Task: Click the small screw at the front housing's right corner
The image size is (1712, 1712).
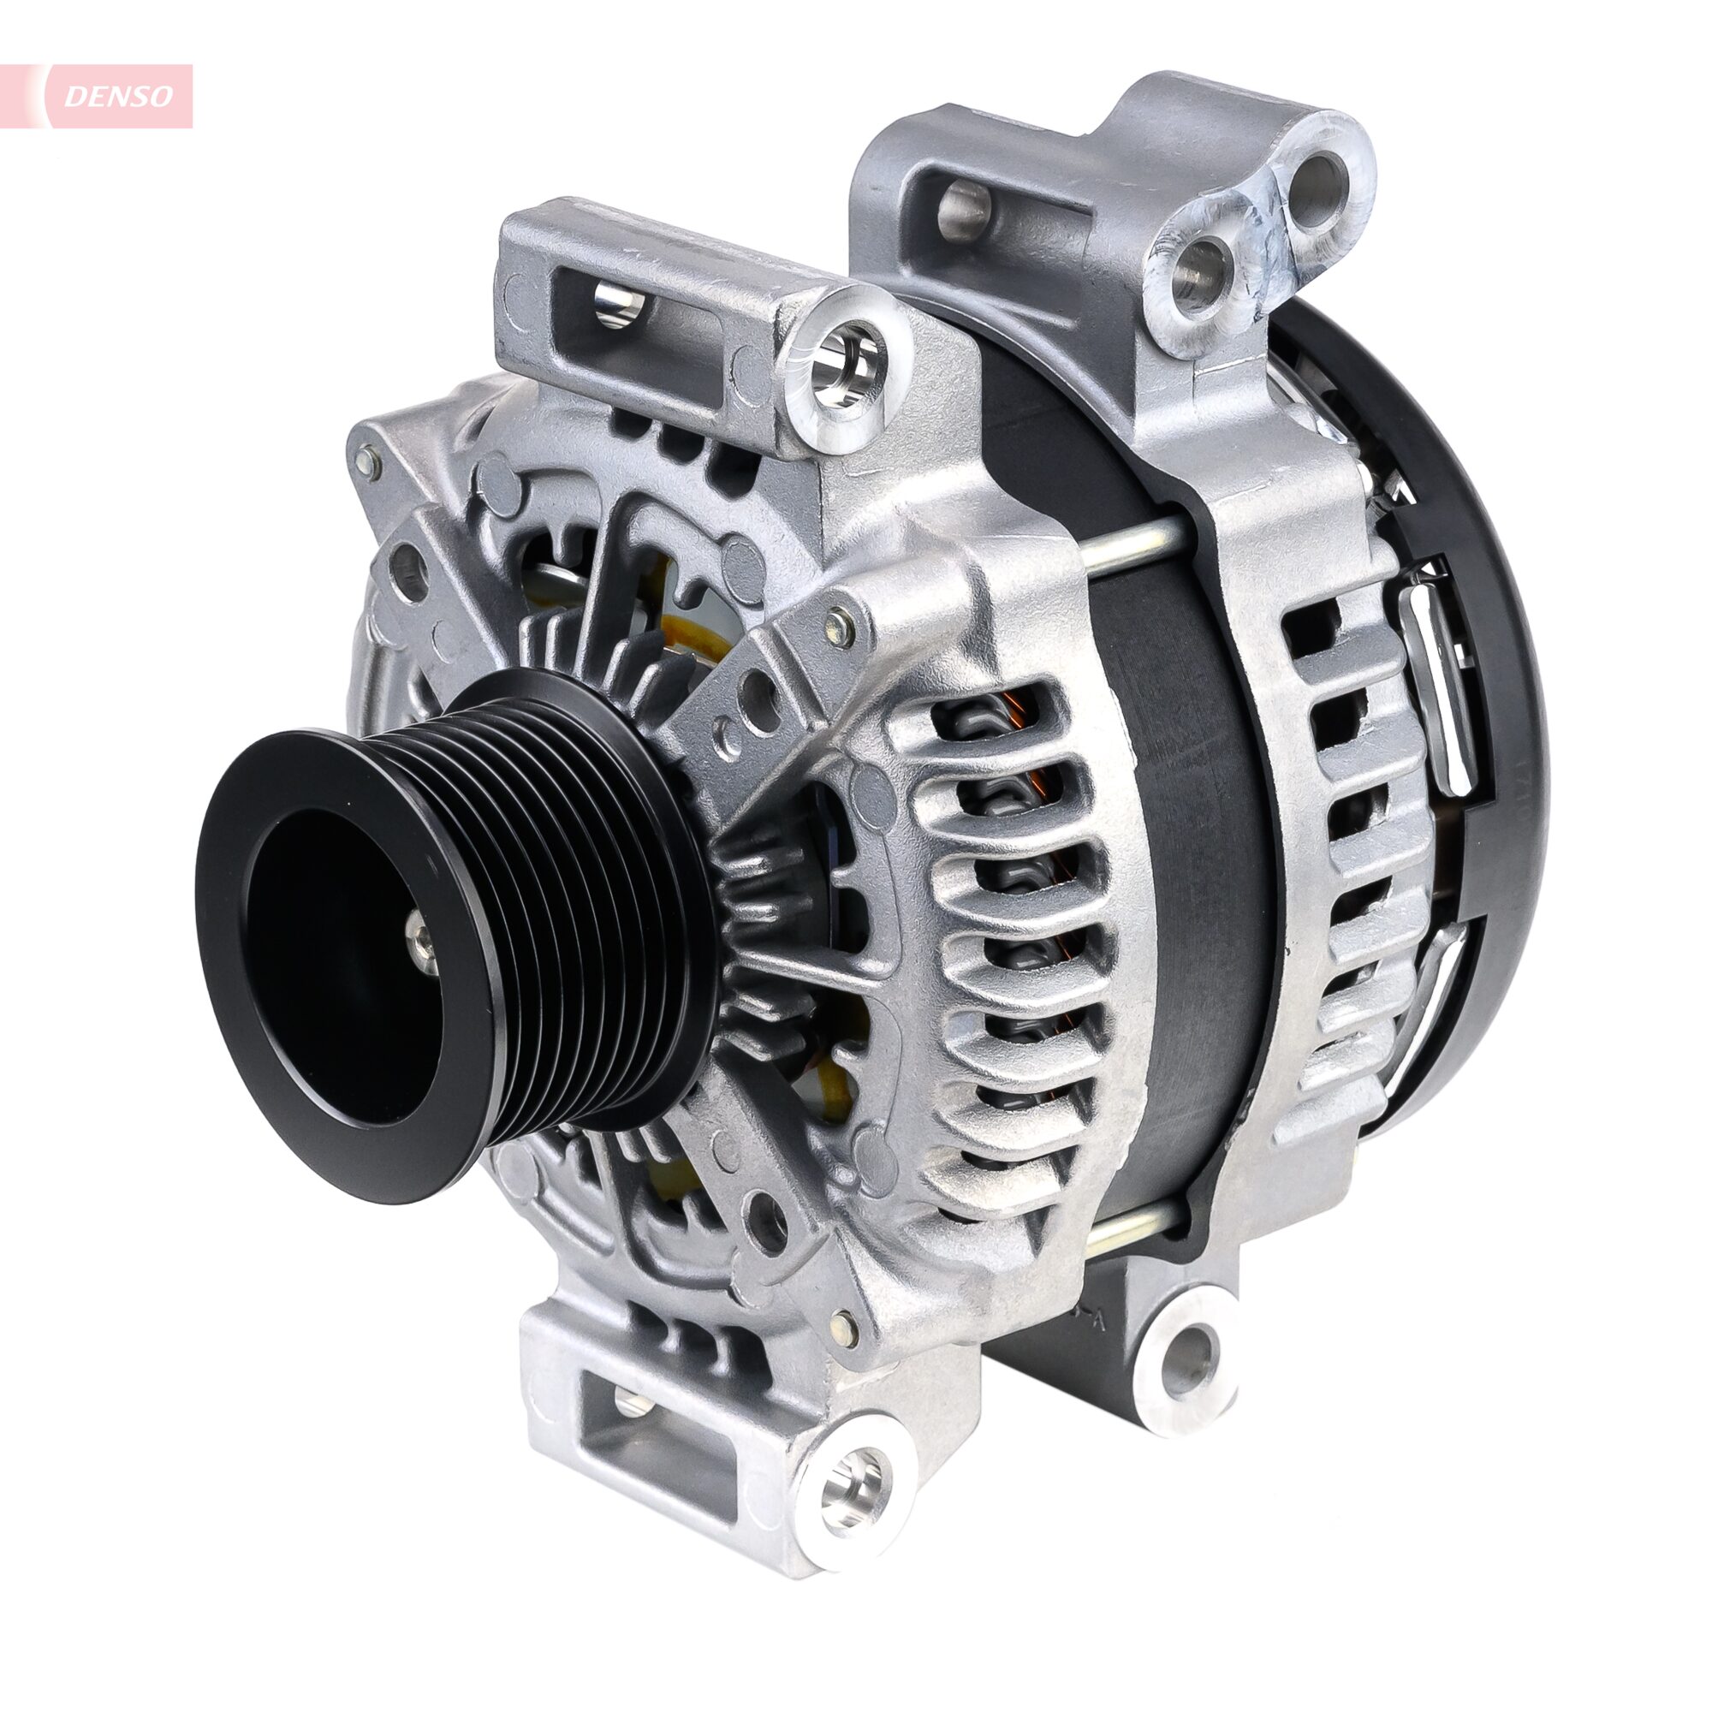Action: [837, 626]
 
